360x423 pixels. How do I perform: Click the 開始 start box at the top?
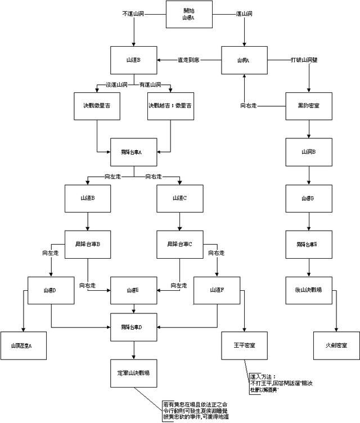point(188,15)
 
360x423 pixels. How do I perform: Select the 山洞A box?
point(243,60)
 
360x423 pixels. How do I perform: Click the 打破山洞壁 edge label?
point(304,60)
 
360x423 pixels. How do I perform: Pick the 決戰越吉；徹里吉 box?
point(170,105)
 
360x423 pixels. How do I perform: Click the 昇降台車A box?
point(133,152)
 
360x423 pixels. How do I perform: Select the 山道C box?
point(180,199)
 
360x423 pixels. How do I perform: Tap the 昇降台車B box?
point(87,245)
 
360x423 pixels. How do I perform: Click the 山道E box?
point(133,290)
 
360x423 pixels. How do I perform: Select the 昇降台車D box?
point(133,327)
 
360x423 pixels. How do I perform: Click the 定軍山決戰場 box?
point(133,372)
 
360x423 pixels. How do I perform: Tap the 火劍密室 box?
point(336,344)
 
